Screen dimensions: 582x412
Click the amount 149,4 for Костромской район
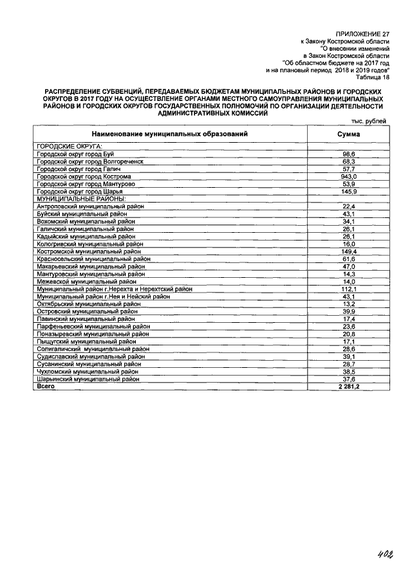tap(348, 251)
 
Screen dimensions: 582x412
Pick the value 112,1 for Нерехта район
tap(348, 289)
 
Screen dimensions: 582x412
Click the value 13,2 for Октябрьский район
tap(348, 304)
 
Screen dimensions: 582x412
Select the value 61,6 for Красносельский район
tap(348, 259)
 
